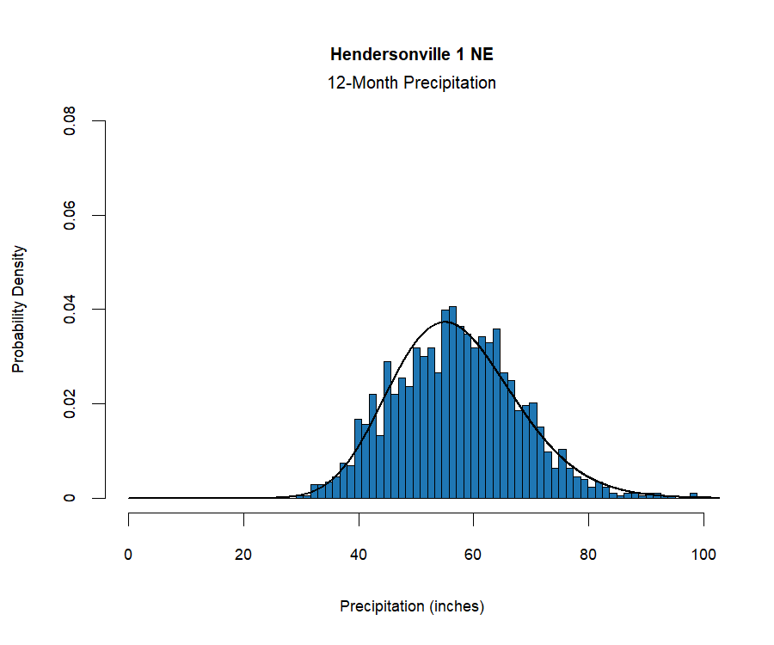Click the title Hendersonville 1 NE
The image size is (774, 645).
point(412,55)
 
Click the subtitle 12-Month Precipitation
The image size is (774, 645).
point(412,83)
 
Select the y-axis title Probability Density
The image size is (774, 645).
point(18,309)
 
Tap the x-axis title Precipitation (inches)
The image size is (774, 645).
point(412,606)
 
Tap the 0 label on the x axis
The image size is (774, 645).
point(129,554)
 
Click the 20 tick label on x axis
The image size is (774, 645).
point(243,554)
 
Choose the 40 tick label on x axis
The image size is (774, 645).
point(359,554)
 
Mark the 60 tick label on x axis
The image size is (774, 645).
point(474,554)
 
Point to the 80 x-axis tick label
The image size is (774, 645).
point(588,554)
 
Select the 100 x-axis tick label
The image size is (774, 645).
point(703,554)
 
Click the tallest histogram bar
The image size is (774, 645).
point(452,404)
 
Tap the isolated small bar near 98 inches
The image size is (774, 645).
point(693,495)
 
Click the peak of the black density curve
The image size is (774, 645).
point(445,322)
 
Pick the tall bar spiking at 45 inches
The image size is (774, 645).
point(387,430)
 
